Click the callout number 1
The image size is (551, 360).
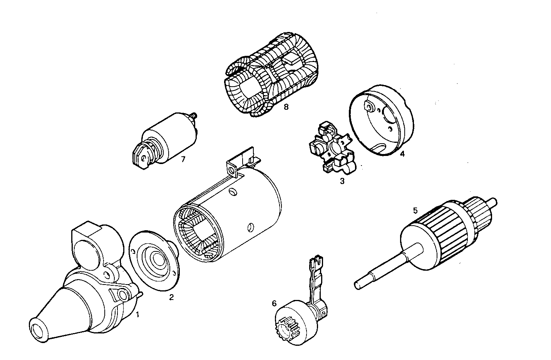tap(137, 315)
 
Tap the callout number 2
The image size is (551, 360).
tap(171, 297)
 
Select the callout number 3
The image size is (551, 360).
tap(342, 181)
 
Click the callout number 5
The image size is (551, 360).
tap(415, 210)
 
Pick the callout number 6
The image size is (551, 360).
tap(274, 303)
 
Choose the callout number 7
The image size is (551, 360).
tap(183, 159)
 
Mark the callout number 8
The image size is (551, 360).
tap(285, 107)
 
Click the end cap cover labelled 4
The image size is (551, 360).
tap(381, 119)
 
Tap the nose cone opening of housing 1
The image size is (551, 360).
tap(39, 330)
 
